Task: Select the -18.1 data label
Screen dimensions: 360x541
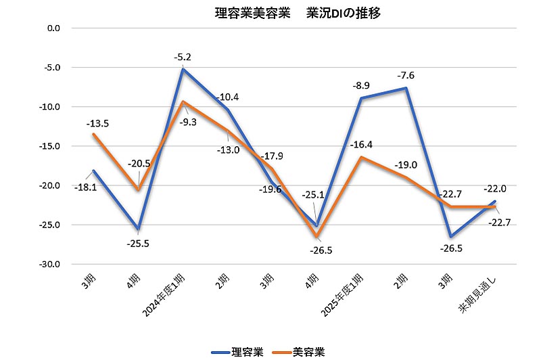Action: tap(87, 187)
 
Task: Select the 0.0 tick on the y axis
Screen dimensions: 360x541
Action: tap(54, 28)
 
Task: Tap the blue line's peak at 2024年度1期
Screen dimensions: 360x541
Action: tap(181, 69)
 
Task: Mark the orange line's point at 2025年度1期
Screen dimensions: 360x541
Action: tap(362, 157)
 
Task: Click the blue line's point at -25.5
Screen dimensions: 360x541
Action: tap(138, 229)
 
